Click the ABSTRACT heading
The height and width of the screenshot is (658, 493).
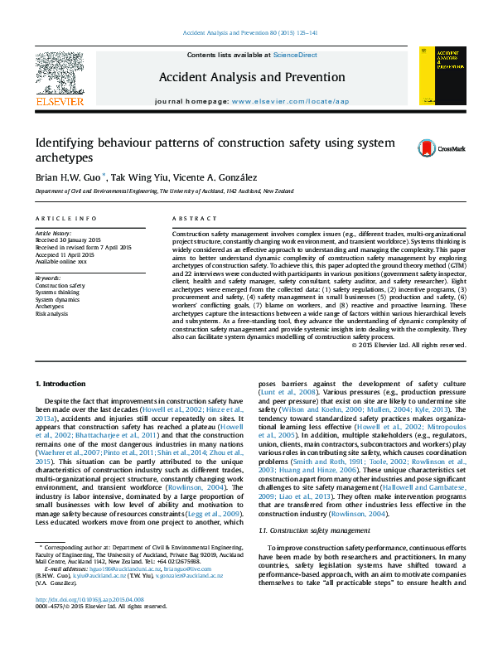[189, 217]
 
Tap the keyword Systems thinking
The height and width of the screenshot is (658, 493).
[58, 292]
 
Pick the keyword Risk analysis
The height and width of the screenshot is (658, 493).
[52, 314]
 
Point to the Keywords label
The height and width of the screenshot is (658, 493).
[48, 278]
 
